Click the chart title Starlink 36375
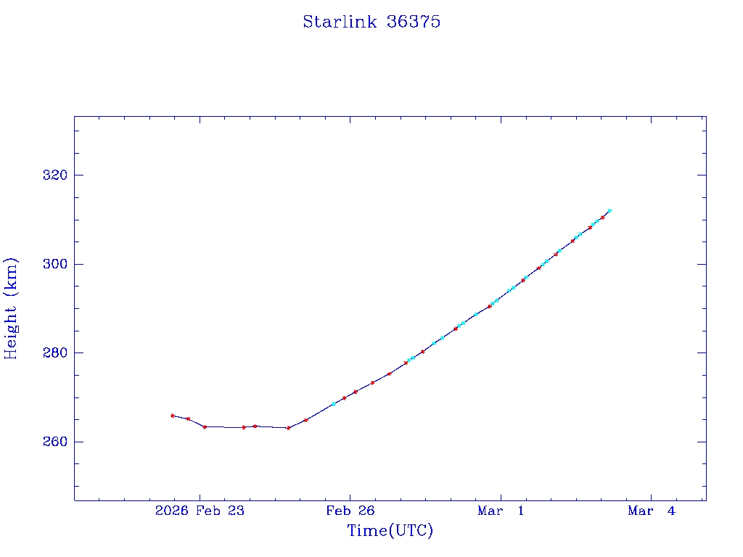(x=371, y=22)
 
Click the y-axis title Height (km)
(x=11, y=308)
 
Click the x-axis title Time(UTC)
(x=390, y=531)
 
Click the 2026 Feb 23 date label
(x=200, y=511)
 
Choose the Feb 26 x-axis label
(x=350, y=511)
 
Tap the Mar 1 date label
(x=501, y=511)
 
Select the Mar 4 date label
(x=651, y=511)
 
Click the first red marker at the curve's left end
(x=172, y=416)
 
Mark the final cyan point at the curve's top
(x=609, y=210)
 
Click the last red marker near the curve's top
(x=602, y=217)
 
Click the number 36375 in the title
(x=414, y=22)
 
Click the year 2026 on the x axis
(x=172, y=511)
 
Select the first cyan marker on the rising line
(x=334, y=403)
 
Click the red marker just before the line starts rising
(x=289, y=428)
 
